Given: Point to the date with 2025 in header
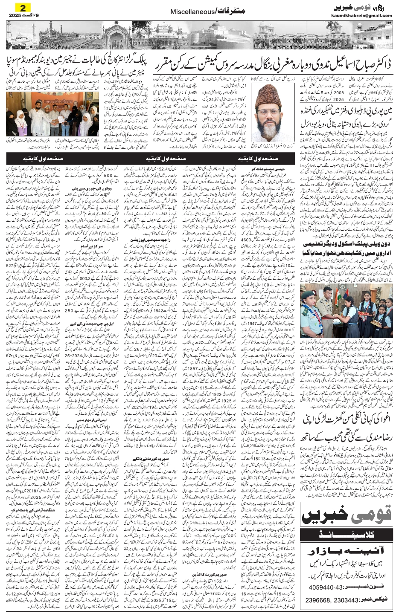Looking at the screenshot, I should (x=21, y=16).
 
